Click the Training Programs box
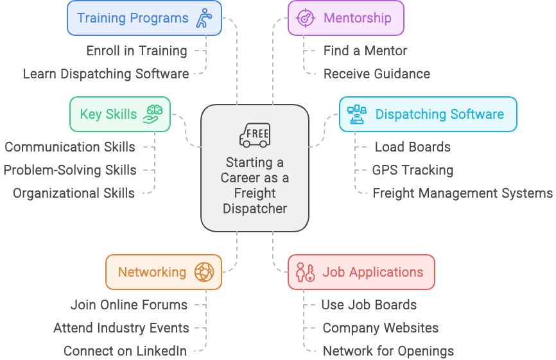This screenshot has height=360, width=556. [x=144, y=17]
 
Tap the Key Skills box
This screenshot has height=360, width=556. [x=119, y=114]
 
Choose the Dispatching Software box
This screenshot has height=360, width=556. [x=428, y=114]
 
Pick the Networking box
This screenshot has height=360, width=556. [x=163, y=272]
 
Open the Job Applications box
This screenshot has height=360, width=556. [x=361, y=272]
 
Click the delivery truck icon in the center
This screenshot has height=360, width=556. [x=254, y=135]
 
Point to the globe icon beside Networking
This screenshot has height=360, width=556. [x=204, y=272]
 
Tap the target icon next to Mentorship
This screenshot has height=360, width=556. [x=305, y=17]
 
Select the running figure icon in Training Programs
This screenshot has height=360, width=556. [x=205, y=17]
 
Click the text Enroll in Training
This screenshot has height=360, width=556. [x=136, y=51]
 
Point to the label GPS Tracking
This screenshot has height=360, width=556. [x=412, y=170]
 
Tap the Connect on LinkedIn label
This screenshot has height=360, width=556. [x=125, y=351]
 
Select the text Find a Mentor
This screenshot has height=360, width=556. [x=365, y=51]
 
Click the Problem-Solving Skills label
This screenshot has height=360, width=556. [x=70, y=170]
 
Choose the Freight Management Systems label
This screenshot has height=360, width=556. [x=462, y=193]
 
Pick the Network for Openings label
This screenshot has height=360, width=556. [x=388, y=351]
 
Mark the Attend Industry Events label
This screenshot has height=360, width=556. [x=121, y=328]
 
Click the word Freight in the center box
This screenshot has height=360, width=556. [x=254, y=193]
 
